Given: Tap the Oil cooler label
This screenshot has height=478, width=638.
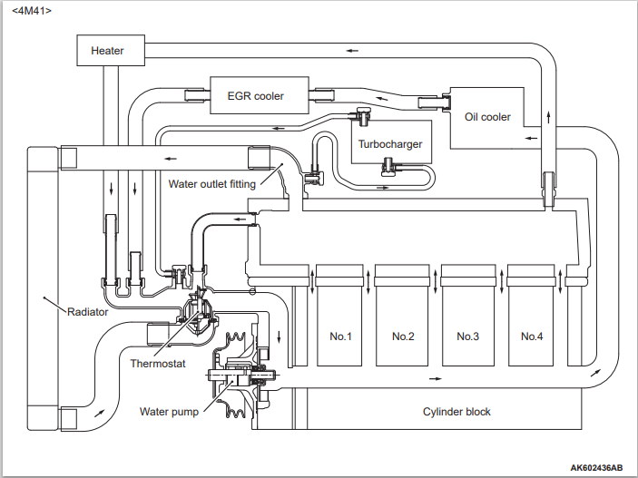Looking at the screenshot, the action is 487,117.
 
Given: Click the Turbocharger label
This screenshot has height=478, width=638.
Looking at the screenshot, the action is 390,144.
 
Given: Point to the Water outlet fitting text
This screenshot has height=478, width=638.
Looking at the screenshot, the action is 212,184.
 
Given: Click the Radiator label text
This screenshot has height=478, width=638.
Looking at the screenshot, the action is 87,312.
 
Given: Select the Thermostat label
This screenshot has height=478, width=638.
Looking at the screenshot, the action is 158,364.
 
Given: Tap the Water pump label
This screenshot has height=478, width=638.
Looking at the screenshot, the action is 169,412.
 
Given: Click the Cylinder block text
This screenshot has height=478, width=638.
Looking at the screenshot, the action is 456,412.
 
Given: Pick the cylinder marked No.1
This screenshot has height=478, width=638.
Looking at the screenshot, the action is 339,316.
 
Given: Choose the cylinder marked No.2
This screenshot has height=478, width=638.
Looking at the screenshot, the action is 402,316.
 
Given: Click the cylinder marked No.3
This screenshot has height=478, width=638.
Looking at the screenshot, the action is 468,316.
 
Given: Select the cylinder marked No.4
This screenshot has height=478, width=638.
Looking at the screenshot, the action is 532,316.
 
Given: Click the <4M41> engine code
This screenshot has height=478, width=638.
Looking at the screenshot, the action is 32,11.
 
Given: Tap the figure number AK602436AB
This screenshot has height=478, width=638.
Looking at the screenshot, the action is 595,468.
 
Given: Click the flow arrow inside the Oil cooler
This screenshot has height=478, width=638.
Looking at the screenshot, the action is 531,138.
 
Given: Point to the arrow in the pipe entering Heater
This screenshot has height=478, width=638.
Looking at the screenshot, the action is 352,51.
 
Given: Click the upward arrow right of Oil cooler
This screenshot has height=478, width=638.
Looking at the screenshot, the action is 548,117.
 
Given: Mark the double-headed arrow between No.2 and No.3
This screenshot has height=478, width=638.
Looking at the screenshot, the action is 435,280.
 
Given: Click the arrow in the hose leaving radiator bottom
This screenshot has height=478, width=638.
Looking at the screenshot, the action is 99,413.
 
